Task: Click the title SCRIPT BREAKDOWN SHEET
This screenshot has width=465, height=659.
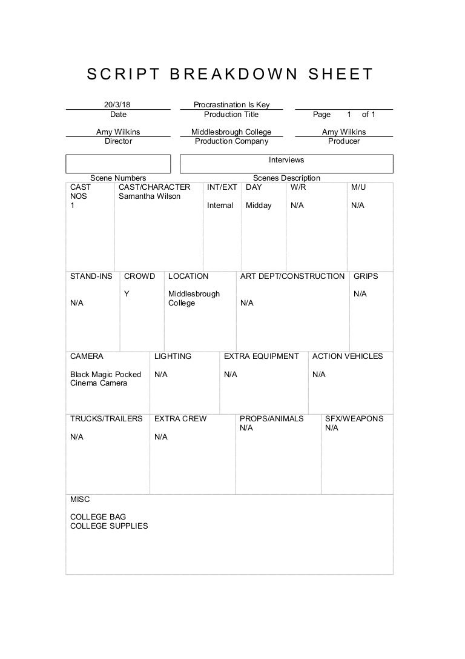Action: (x=231, y=75)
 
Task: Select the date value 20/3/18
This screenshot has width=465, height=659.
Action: (x=117, y=105)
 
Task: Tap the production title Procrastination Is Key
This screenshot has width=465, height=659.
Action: (x=231, y=105)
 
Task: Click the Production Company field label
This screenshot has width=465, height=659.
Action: (x=231, y=141)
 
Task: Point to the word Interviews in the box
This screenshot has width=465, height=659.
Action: (x=286, y=160)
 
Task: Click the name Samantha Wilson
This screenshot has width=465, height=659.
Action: (x=150, y=196)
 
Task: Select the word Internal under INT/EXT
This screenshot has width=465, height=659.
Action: (x=220, y=206)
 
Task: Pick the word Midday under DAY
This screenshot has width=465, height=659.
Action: (x=259, y=206)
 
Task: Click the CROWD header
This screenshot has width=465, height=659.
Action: (x=139, y=276)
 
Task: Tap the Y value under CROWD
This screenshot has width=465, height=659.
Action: (x=127, y=294)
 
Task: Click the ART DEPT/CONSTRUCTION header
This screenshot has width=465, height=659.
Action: (x=292, y=276)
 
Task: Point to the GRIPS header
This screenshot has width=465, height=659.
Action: (x=366, y=276)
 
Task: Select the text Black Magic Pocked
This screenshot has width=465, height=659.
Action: (x=105, y=374)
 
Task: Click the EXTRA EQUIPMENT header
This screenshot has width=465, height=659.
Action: (x=262, y=356)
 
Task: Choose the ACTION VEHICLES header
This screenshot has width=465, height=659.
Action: (x=348, y=356)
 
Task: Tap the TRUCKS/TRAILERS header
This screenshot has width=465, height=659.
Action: (x=107, y=418)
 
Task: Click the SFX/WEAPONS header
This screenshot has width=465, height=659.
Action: (x=354, y=418)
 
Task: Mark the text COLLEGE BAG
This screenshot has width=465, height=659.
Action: (x=98, y=517)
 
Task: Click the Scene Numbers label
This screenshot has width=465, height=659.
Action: (x=118, y=178)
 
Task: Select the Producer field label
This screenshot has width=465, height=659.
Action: (x=344, y=141)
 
